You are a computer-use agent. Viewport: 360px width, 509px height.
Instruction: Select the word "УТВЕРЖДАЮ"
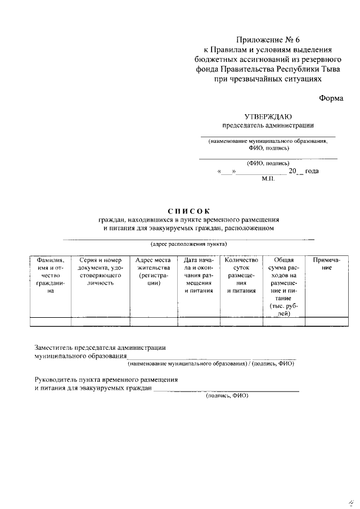click(268, 116)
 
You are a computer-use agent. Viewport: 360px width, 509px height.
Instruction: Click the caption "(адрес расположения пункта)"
click(188, 245)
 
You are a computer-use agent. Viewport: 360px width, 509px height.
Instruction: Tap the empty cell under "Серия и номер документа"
click(101, 322)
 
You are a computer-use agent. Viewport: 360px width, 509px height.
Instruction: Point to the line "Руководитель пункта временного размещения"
click(106, 380)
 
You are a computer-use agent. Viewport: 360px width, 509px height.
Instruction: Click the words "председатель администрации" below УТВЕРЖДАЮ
click(268, 125)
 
